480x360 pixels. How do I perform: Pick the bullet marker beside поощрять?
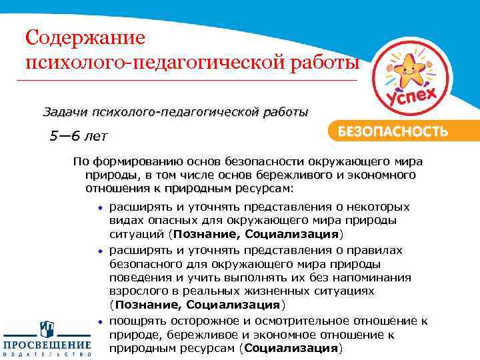click(x=101, y=321)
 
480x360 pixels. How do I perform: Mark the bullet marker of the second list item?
click(x=101, y=250)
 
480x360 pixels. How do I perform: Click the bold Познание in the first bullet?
click(x=206, y=235)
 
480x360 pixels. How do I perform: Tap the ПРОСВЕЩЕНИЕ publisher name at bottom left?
click(x=47, y=345)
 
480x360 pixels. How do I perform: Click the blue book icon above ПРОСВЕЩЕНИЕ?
click(x=47, y=329)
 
